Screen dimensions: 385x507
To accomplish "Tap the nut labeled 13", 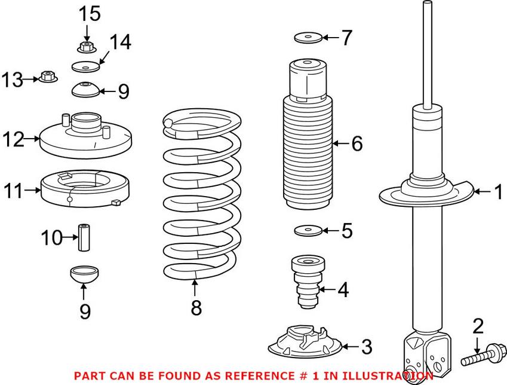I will pyautogui.click(x=48, y=77).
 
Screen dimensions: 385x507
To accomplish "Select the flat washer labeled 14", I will pyautogui.click(x=85, y=66).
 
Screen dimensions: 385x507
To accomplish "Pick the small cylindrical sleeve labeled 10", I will pyautogui.click(x=84, y=238).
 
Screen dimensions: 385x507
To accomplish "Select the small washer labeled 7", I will pyautogui.click(x=308, y=38).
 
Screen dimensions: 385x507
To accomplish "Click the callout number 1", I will pyautogui.click(x=497, y=192).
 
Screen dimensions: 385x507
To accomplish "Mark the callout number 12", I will pyautogui.click(x=13, y=140).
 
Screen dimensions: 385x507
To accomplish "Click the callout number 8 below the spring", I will pyautogui.click(x=196, y=308).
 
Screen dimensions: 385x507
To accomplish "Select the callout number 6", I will pyautogui.click(x=357, y=143).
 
